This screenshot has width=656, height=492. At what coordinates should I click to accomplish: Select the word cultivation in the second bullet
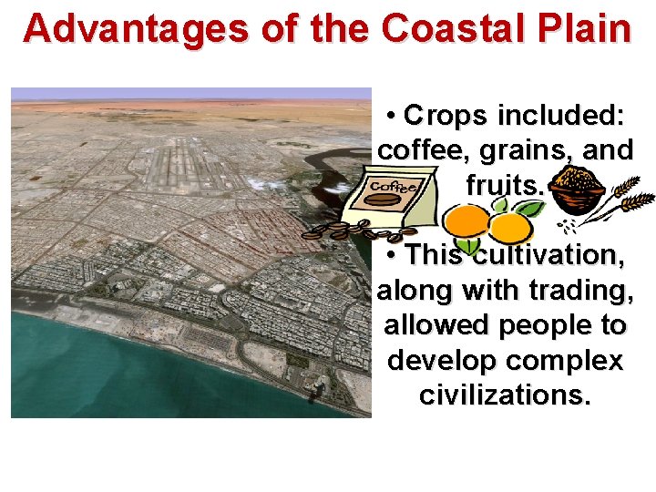[x=548, y=255]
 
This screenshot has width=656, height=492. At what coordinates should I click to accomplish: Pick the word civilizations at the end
[x=505, y=395]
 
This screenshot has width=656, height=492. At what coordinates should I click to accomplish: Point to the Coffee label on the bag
[x=395, y=188]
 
